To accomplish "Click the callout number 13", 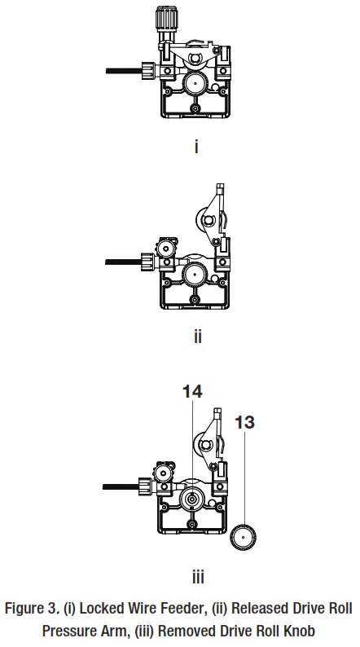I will (x=244, y=422).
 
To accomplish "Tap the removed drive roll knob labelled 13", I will (x=243, y=537).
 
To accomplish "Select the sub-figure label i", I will (x=197, y=147).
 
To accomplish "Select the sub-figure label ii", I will (x=197, y=336).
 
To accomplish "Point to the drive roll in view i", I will (x=195, y=82).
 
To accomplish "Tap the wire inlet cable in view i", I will (x=123, y=72).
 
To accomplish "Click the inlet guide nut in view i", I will (x=147, y=71).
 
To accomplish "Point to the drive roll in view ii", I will (x=195, y=271).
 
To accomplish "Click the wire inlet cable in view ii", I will (x=123, y=262).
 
